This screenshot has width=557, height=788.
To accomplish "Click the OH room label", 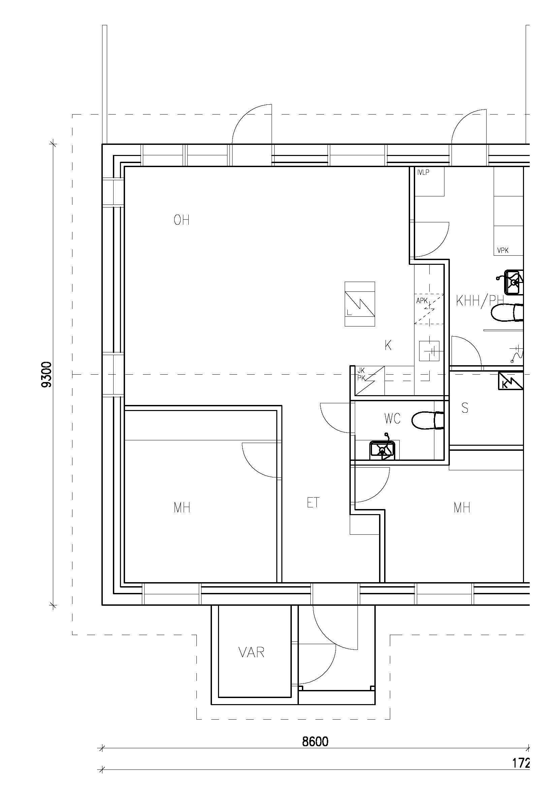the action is click(182, 220).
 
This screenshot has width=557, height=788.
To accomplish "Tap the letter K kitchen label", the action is click(388, 345).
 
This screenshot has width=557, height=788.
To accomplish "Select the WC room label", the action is click(392, 419).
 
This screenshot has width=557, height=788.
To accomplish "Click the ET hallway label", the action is click(313, 503).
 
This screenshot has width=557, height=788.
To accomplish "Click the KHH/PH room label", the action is click(479, 301).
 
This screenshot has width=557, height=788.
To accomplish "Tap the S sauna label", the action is click(465, 408).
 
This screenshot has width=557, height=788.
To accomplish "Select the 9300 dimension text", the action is click(46, 374).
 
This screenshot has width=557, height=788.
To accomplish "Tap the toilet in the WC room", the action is click(428, 420).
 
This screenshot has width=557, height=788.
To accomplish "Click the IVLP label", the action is click(423, 172).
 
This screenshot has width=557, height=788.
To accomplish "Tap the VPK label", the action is click(503, 251).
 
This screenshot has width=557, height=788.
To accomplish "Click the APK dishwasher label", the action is click(422, 301).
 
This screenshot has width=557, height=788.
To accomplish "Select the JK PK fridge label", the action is click(361, 374).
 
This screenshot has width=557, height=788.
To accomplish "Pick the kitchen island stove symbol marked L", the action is click(360, 304).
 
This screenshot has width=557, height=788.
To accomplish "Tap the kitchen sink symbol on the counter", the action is click(429, 351).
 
